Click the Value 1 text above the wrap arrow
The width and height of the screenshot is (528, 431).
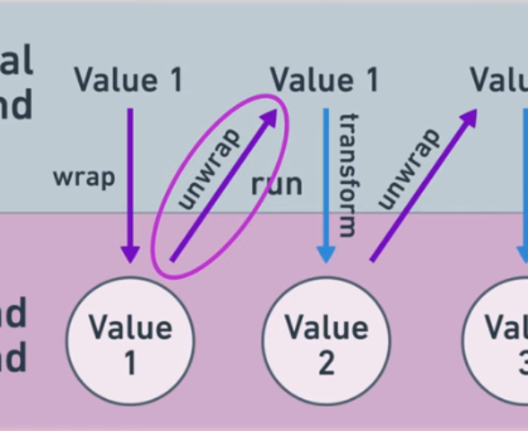tap(128, 80)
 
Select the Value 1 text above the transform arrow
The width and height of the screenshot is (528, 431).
tap(325, 80)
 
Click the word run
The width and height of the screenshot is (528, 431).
tap(276, 184)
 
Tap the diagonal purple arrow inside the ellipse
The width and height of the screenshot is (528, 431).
tap(224, 185)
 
